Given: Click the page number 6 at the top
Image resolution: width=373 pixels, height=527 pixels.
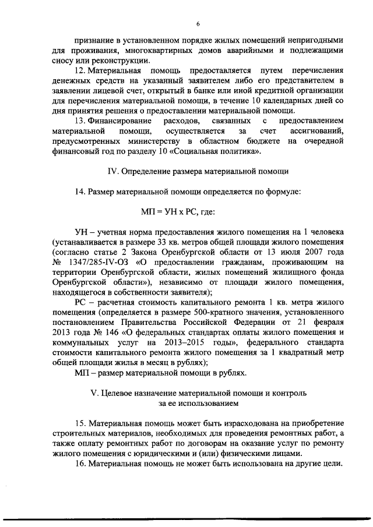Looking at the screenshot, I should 198,23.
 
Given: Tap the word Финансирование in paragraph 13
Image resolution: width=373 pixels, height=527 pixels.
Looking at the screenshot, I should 117,120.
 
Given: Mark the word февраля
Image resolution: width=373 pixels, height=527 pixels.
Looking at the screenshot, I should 324,321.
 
